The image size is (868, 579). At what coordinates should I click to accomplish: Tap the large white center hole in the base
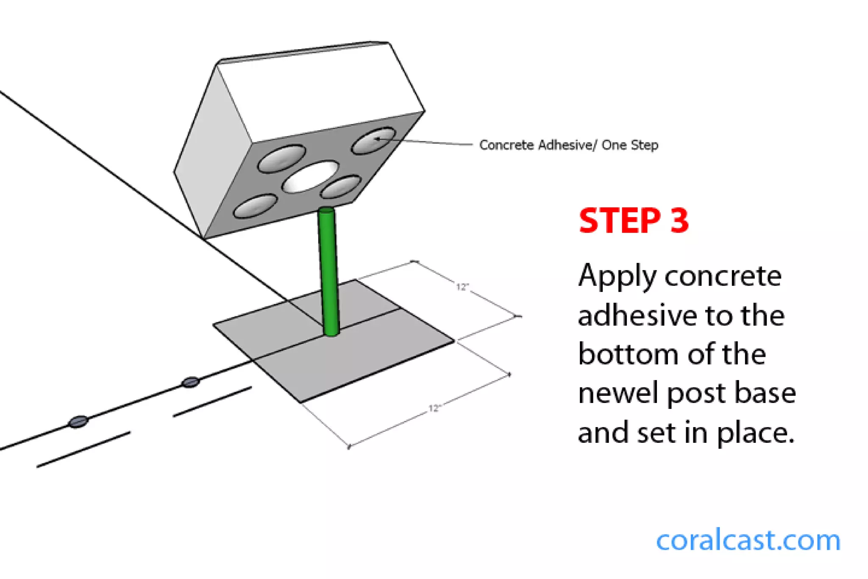311,176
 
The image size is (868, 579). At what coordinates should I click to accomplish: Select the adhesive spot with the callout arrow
374,140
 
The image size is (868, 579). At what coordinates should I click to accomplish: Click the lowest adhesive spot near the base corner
255,207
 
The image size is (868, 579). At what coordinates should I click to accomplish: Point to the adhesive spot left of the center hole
282,158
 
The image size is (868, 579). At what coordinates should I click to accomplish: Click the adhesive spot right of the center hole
340,187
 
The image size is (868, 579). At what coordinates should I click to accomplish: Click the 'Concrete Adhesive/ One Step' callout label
568,145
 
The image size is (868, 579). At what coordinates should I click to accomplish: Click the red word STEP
619,221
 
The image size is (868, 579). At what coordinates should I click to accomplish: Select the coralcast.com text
748,541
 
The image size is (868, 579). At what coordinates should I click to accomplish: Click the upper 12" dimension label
462,287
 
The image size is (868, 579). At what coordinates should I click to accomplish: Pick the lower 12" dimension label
434,408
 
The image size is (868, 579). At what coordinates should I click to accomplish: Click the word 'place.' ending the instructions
755,434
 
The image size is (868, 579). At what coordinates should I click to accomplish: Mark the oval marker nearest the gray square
190,382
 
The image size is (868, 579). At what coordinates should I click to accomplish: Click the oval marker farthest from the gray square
78,422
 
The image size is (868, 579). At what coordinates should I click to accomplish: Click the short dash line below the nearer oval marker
212,402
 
